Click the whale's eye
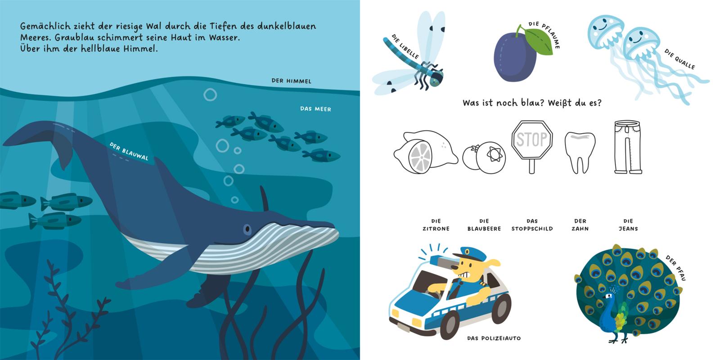[247, 229]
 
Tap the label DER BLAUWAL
[129, 151]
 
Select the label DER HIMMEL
[291, 81]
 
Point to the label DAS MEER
[315, 109]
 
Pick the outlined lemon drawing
[425, 152]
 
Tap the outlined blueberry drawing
[484, 157]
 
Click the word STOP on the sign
[531, 139]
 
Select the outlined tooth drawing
[580, 153]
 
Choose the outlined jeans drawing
[628, 147]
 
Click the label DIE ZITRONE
[436, 225]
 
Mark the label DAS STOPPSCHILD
[532, 225]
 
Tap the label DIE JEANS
[628, 225]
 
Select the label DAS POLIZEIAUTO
[494, 338]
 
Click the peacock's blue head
[608, 297]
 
